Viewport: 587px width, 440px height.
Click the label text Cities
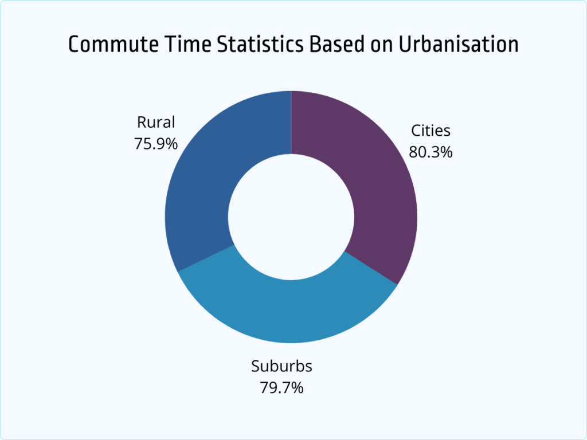[431, 131]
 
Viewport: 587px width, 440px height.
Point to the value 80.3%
[431, 152]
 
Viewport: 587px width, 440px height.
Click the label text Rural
[156, 122]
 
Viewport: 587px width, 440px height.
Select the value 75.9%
[156, 143]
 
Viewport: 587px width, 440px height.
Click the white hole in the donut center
[291, 217]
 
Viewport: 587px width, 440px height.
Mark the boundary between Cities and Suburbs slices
[371, 267]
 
